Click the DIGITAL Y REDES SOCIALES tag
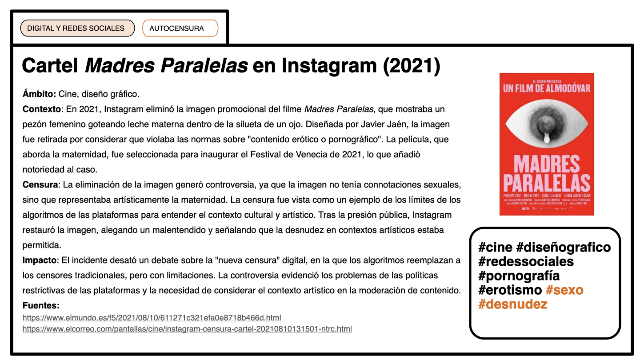pyautogui.click(x=76, y=28)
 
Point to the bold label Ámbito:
pyautogui.click(x=39, y=94)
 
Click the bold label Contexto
pyautogui.click(x=41, y=109)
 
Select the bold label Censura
pyautogui.click(x=40, y=184)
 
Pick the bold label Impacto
pyautogui.click(x=40, y=260)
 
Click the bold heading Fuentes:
pyautogui.click(x=41, y=306)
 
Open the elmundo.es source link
pyautogui.click(x=152, y=318)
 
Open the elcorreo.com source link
pyautogui.click(x=187, y=329)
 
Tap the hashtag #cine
pyautogui.click(x=495, y=247)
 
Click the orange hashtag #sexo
pyautogui.click(x=564, y=290)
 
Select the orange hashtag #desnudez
pyautogui.click(x=512, y=304)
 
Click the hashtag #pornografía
pyautogui.click(x=519, y=276)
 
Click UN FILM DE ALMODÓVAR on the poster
pyautogui.click(x=547, y=88)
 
